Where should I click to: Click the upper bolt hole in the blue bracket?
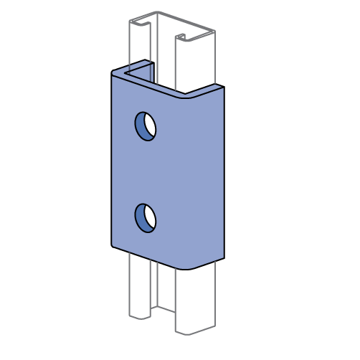click(146, 126)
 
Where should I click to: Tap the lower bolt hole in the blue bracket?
click(146, 218)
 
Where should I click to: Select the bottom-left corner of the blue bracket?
click(113, 245)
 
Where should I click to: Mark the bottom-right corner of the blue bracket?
click(222, 257)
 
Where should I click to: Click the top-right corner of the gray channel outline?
click(214, 32)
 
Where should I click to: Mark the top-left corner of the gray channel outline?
click(130, 21)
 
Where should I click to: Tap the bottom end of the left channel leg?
click(140, 316)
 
